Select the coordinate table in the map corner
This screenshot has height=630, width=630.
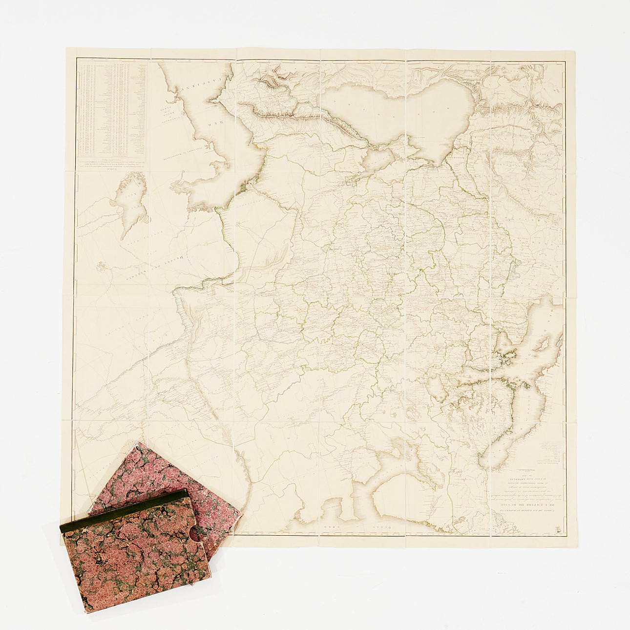tap(113, 107)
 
